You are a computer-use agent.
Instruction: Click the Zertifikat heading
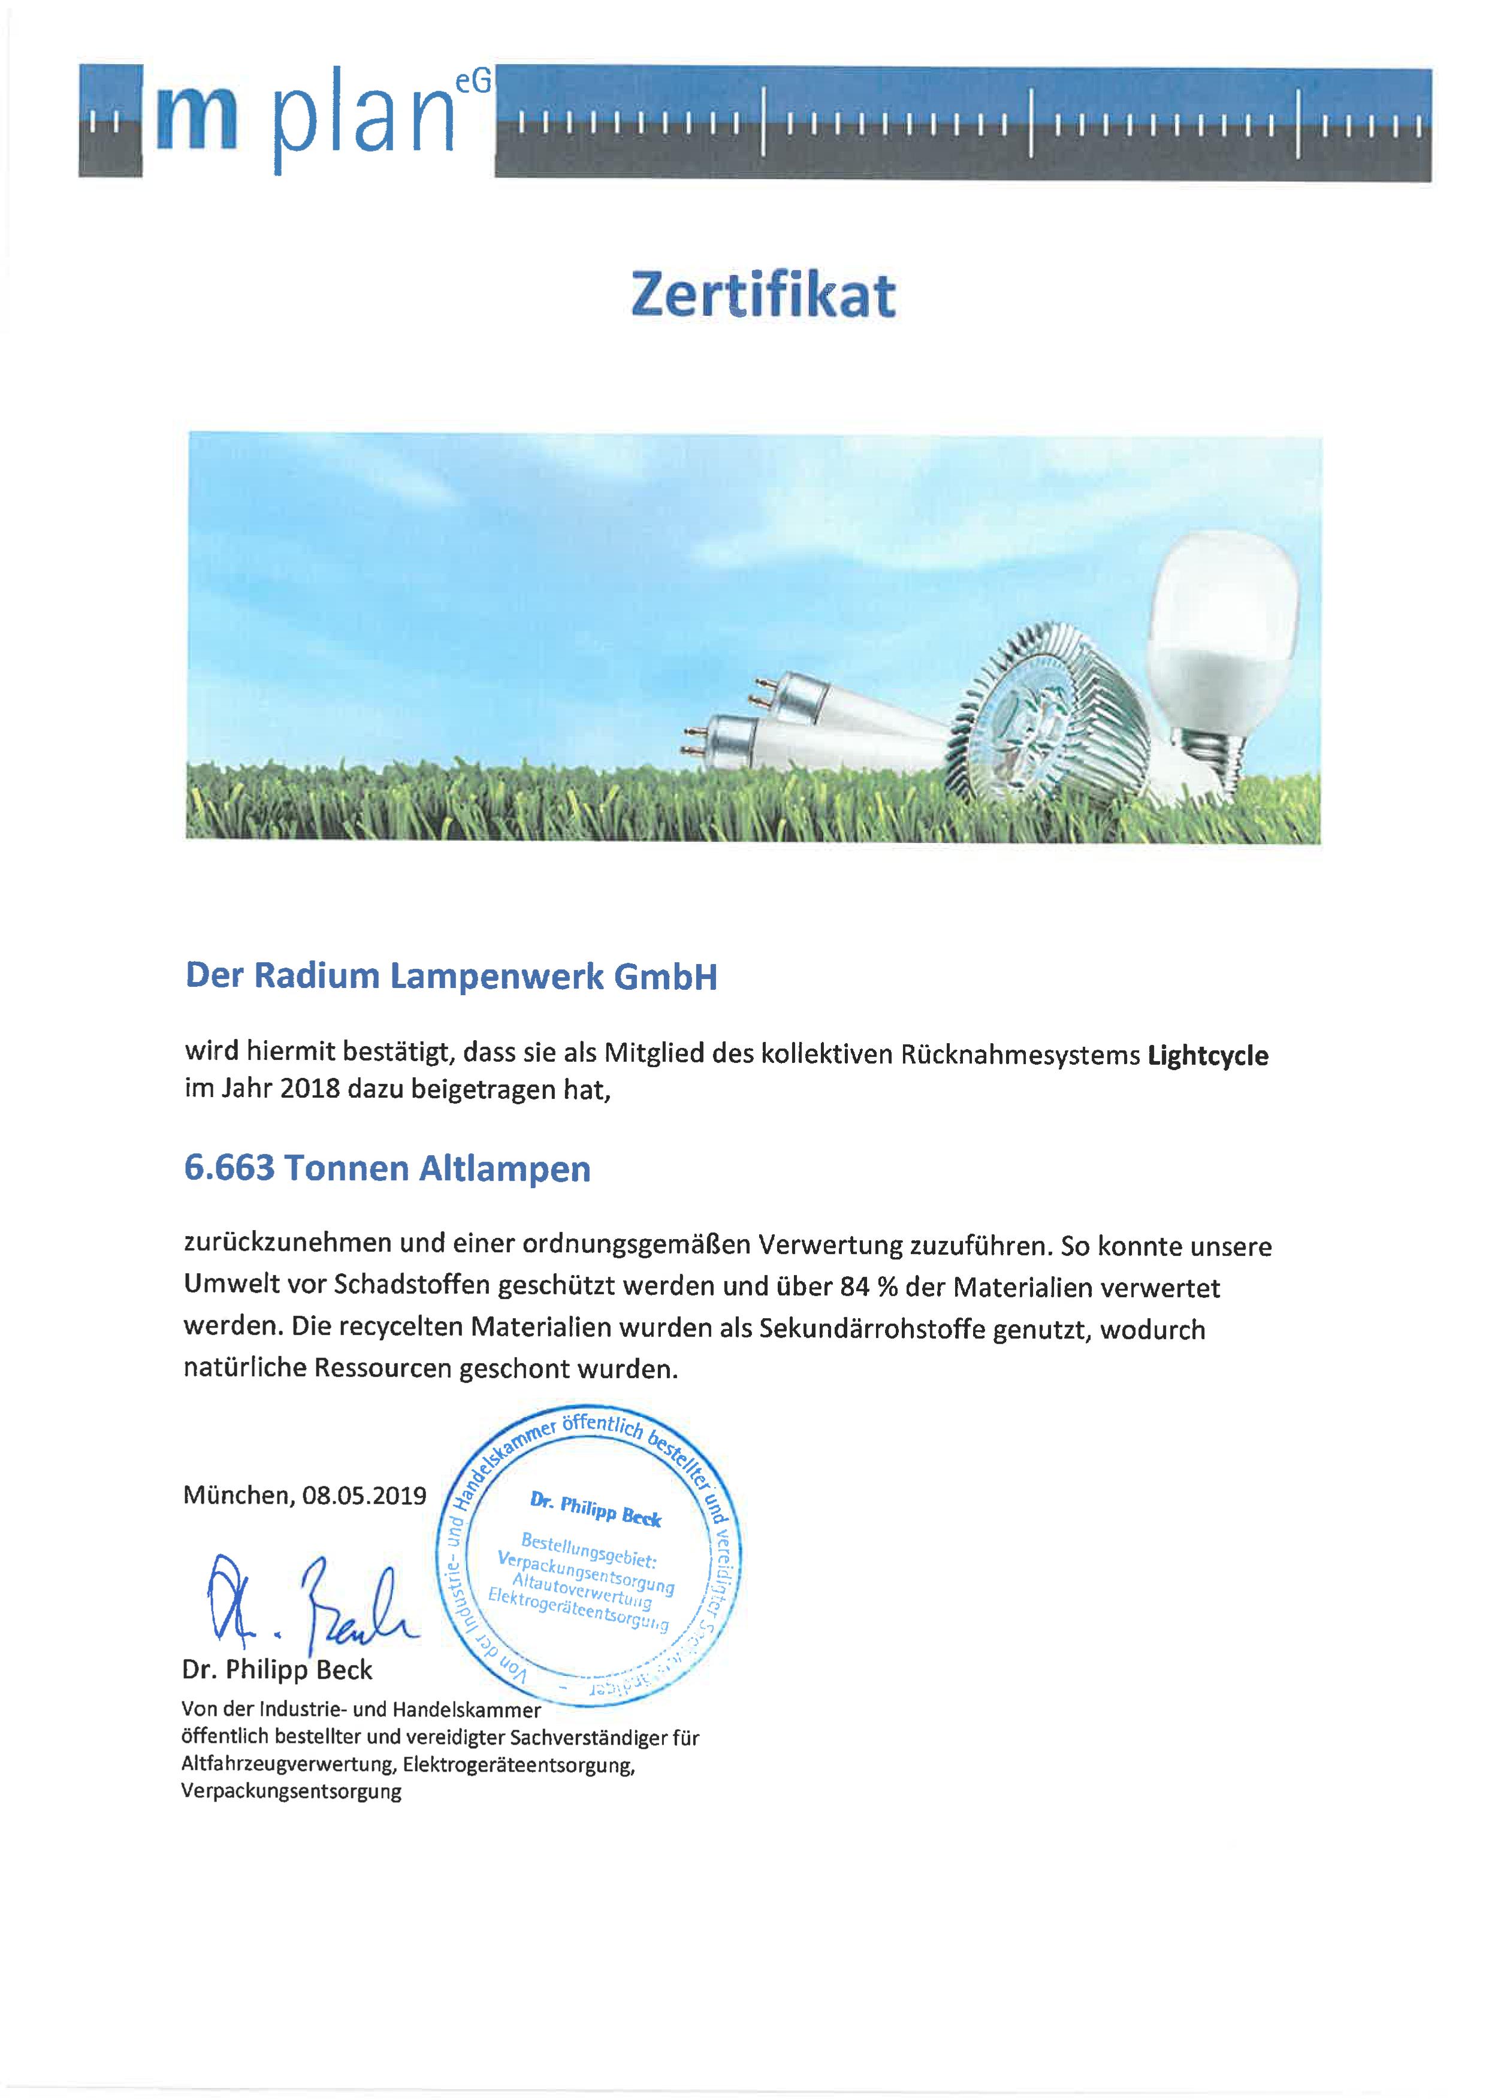coord(763,295)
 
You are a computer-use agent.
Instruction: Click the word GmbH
coord(665,977)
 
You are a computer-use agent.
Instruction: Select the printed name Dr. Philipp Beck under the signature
coord(277,1670)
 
